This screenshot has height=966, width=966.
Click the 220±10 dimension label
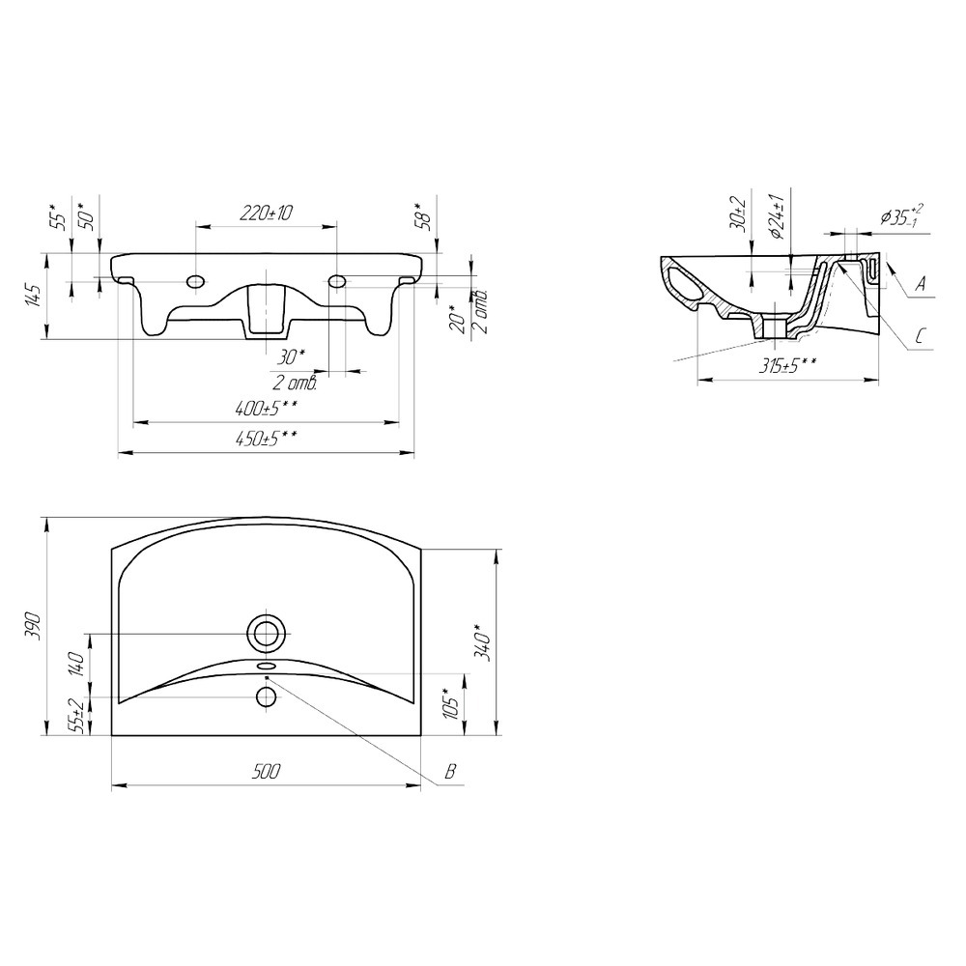[266, 213]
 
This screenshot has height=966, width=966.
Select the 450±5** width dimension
[267, 439]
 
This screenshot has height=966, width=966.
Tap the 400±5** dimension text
[267, 408]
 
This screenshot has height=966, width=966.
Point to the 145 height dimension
[35, 297]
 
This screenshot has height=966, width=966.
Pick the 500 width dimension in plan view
[266, 771]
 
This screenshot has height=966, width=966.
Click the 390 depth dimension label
[35, 626]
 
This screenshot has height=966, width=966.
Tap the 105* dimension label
[450, 702]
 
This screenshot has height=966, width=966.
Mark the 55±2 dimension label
[77, 715]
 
